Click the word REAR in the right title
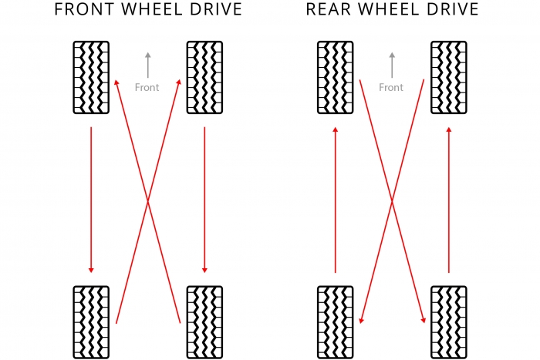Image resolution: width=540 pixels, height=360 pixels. click(x=326, y=10)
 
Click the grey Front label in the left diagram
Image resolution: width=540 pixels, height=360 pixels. click(x=147, y=87)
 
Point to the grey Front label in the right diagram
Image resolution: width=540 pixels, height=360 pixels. click(x=391, y=87)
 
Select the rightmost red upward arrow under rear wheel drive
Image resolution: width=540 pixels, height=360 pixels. click(x=449, y=200)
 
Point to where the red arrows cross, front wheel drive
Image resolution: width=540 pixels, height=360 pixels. click(x=147, y=202)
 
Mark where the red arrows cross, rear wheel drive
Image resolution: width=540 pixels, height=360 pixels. click(x=392, y=202)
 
